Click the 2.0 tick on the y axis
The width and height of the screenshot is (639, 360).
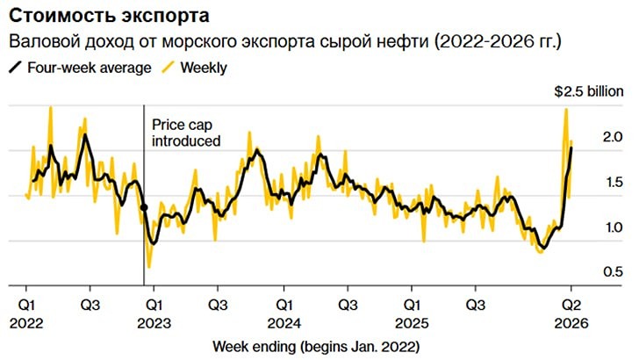(588, 136)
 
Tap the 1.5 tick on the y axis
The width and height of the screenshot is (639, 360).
(588, 182)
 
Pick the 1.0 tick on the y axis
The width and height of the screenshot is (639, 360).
(588, 227)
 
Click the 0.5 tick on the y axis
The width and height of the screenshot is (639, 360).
(588, 273)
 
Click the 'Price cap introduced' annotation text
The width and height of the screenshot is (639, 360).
(186, 133)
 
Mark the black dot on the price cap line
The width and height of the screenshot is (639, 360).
(145, 208)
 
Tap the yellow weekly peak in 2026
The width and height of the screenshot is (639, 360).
(566, 109)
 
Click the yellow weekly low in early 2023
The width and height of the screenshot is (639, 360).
(149, 266)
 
